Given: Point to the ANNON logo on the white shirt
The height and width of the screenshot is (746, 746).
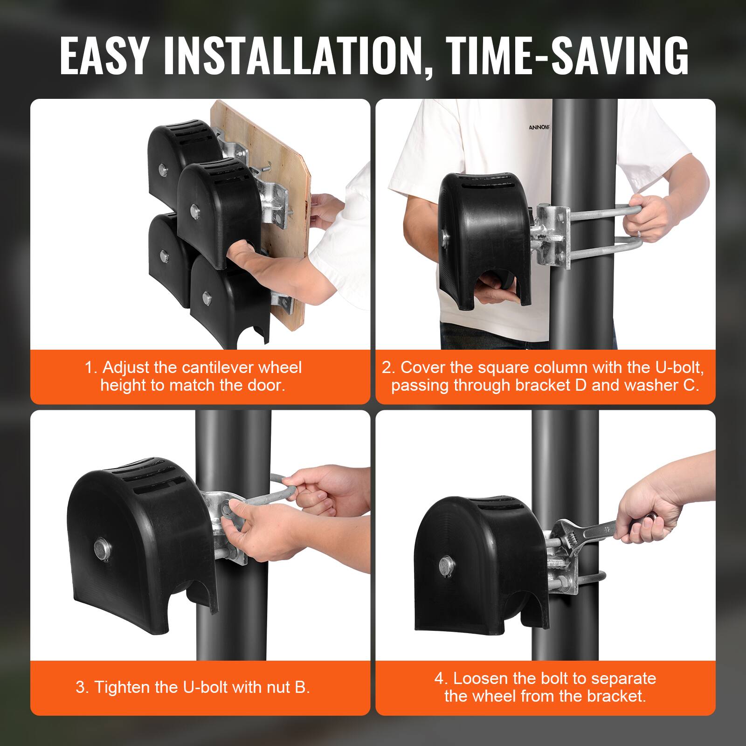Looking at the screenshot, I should click(x=539, y=127).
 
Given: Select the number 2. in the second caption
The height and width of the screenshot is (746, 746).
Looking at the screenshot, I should click(x=389, y=368).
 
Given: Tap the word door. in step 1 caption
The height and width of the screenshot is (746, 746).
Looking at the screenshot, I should click(x=265, y=386).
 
